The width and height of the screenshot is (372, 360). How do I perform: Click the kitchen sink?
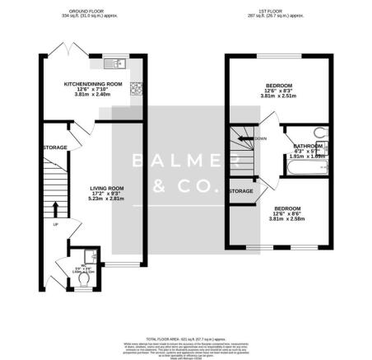(x=116, y=62)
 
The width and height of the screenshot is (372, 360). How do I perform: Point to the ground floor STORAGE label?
(x=55, y=148)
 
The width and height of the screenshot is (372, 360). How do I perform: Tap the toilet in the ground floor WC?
(x=82, y=278)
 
